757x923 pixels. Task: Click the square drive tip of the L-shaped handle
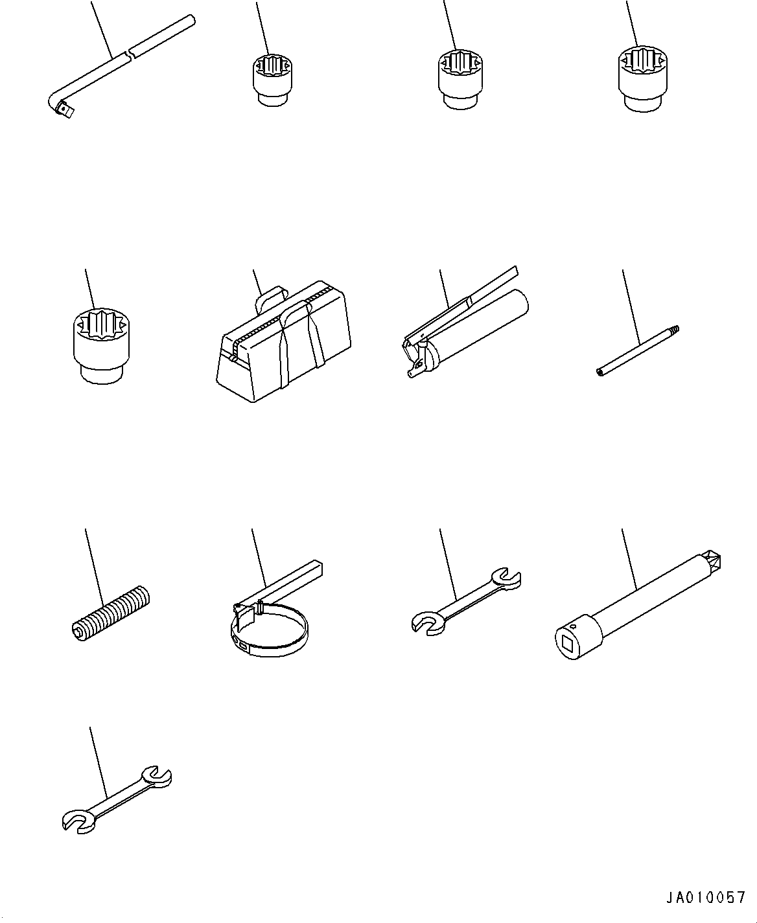[65, 110]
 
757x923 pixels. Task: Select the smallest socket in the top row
[272, 80]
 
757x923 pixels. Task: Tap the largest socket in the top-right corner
[643, 78]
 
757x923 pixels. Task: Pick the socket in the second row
[102, 346]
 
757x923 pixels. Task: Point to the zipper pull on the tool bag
[234, 358]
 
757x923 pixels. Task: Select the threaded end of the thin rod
[673, 329]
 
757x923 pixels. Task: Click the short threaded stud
[110, 614]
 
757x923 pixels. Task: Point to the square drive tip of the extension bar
[712, 562]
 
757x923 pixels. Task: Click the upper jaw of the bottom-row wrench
[157, 777]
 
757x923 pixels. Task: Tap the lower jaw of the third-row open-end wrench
[428, 624]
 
